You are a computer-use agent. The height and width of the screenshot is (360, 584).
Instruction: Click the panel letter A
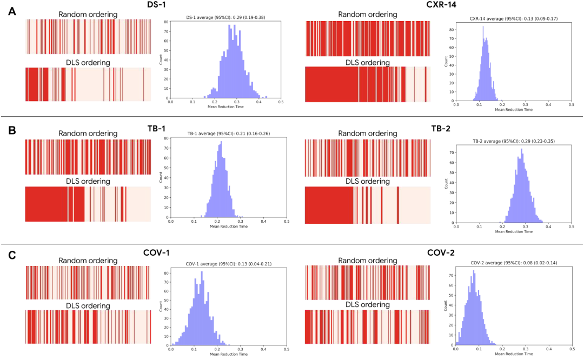(12, 10)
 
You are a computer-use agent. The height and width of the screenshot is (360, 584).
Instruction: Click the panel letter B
(12, 131)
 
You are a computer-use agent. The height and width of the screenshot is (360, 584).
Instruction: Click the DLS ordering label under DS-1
(87, 63)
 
